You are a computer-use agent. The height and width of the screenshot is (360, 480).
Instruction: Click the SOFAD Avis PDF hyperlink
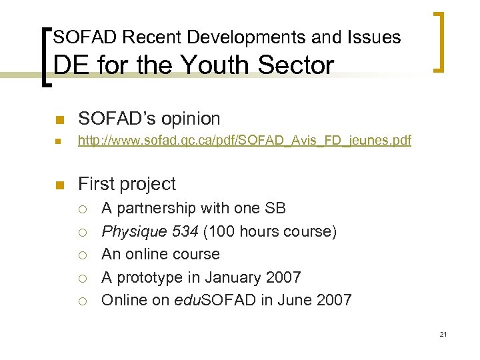(x=244, y=141)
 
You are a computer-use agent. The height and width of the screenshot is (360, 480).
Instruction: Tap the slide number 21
(x=443, y=334)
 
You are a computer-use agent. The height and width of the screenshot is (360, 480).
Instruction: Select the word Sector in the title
(x=300, y=65)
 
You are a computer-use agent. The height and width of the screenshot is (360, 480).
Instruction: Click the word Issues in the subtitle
(x=375, y=37)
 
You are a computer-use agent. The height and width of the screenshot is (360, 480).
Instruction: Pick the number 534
(x=184, y=231)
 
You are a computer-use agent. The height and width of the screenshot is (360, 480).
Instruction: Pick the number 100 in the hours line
(x=222, y=231)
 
